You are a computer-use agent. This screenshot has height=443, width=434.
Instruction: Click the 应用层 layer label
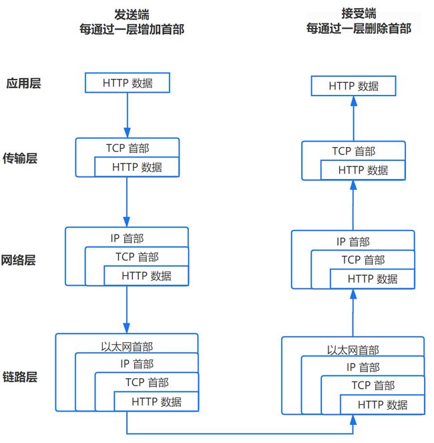point(24,84)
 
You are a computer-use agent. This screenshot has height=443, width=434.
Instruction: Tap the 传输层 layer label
point(20,158)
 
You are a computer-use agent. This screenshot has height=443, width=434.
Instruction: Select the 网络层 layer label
point(18,260)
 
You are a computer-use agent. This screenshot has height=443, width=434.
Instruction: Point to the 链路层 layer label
point(20,377)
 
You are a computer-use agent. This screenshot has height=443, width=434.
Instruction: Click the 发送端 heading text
point(132,15)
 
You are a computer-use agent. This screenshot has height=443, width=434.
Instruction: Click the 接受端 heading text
point(359,13)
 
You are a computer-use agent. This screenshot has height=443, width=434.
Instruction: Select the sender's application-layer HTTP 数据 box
point(128,83)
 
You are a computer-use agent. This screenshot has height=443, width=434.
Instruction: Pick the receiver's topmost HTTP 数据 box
point(353,86)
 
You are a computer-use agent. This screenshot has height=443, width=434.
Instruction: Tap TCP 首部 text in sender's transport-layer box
point(128,148)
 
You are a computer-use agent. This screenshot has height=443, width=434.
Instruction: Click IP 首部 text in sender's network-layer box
point(127,238)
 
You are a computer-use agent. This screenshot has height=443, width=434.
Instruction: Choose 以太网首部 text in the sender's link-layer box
point(127,347)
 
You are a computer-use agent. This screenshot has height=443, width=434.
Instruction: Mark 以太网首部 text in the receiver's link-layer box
point(353,350)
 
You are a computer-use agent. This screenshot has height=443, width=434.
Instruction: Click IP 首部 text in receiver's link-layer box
point(363,367)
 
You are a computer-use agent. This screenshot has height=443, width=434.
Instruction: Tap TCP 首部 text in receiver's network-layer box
point(363,260)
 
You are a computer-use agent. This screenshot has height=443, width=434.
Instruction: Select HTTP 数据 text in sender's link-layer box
point(157,402)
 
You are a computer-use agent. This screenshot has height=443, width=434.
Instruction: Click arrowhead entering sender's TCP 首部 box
point(127,133)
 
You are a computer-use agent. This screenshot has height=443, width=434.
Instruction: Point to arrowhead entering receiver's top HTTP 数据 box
point(353,101)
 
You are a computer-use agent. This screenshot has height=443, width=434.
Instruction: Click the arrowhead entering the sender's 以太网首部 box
point(127,328)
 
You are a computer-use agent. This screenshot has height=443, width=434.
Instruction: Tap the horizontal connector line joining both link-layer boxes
point(240,434)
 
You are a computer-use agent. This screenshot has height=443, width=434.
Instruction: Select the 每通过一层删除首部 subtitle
point(359,28)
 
